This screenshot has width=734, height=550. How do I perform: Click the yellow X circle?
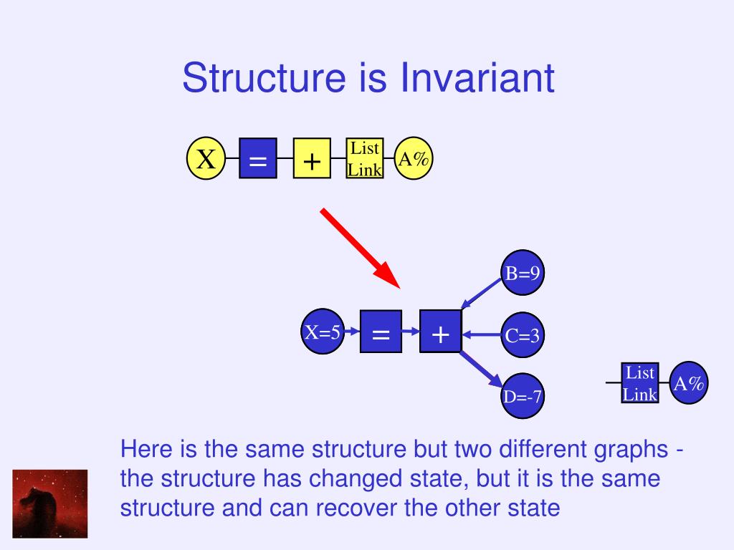[x=206, y=159]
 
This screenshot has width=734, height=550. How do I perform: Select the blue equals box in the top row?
[x=257, y=159]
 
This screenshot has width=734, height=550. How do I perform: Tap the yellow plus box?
[x=312, y=159]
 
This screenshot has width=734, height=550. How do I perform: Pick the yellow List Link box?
[x=364, y=158]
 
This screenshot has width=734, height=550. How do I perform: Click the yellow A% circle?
[x=414, y=159]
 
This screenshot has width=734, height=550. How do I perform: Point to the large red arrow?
[x=359, y=247]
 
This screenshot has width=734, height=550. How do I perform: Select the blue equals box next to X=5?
[x=381, y=332]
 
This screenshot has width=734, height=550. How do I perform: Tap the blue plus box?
[x=440, y=332]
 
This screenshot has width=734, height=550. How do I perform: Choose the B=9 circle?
[x=523, y=273]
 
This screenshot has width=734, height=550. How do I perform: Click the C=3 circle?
[x=523, y=334]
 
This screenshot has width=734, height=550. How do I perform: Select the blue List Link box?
[x=640, y=383]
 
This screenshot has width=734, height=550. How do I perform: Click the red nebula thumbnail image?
[x=50, y=503]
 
